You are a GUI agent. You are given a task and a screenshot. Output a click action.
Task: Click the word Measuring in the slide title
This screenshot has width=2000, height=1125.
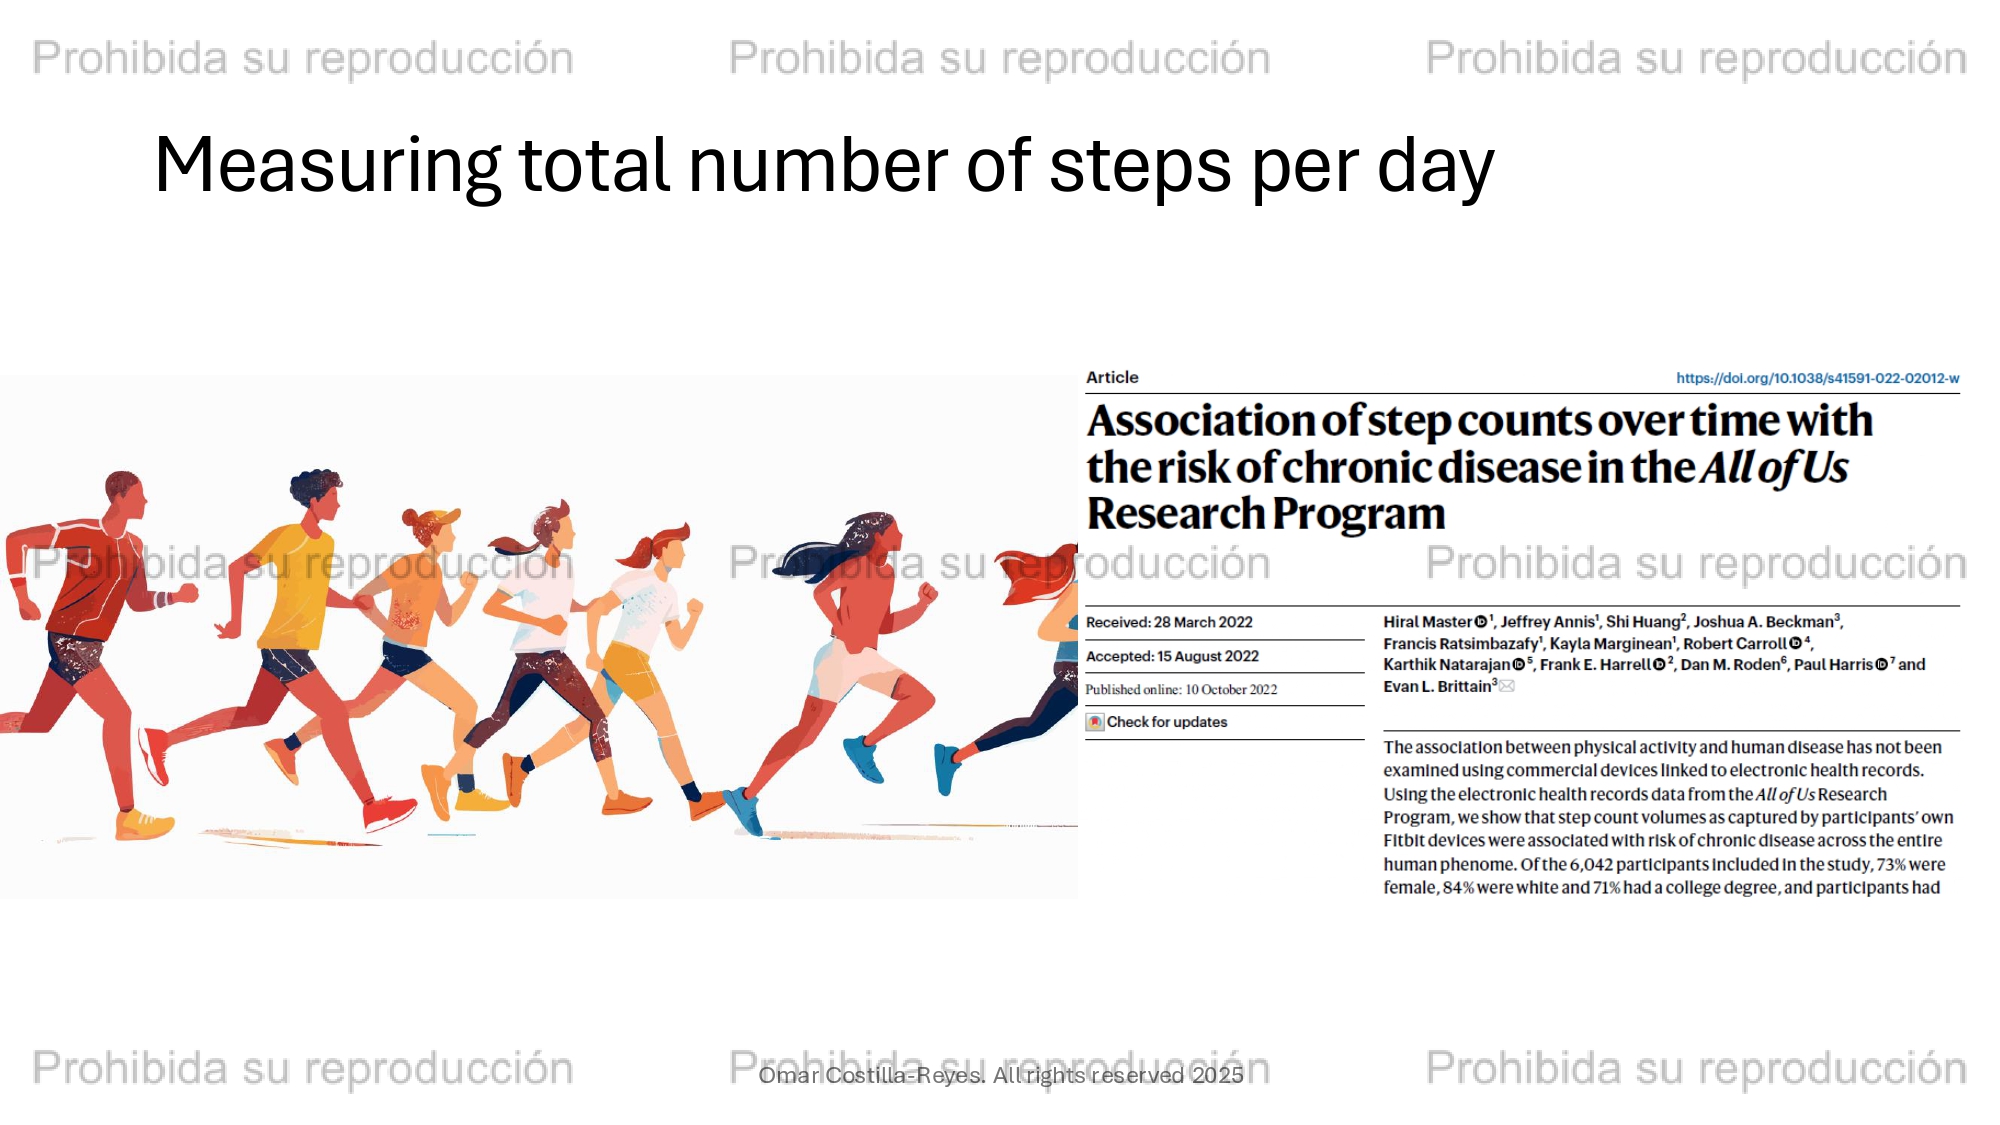(x=327, y=167)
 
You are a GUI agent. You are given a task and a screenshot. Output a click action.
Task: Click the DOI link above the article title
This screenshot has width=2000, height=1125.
(x=1817, y=378)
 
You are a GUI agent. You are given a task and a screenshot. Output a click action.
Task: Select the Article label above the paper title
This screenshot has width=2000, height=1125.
(x=1112, y=377)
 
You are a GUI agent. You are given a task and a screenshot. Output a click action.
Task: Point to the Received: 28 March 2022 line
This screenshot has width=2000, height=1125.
(x=1169, y=622)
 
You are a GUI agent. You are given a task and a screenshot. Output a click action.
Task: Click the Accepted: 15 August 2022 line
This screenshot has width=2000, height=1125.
(x=1172, y=656)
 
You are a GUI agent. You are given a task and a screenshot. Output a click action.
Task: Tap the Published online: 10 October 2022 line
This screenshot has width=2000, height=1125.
(x=1181, y=689)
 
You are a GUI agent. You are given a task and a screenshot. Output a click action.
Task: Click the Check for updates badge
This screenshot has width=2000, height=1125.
(x=1157, y=722)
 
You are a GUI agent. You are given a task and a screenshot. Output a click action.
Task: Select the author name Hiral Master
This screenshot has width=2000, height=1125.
(x=1428, y=622)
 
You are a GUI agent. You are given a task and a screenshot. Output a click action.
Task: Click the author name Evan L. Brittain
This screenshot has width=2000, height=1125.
(x=1438, y=686)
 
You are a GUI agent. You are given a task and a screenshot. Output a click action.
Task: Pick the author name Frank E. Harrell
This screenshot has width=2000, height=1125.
(x=1595, y=664)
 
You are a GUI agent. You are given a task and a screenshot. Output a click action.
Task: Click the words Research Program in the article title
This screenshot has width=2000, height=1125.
(x=1266, y=514)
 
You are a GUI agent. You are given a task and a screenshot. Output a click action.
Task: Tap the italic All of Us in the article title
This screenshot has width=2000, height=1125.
(x=1774, y=468)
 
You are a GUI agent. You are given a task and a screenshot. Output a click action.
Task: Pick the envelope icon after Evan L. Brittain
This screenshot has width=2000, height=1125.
(x=1507, y=686)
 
